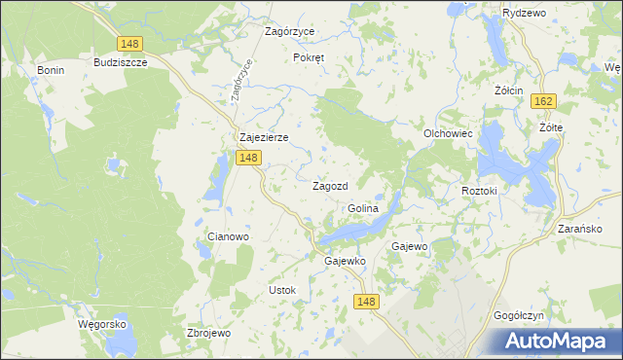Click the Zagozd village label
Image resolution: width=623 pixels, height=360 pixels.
[330, 186]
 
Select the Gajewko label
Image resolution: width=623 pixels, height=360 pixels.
[344, 261]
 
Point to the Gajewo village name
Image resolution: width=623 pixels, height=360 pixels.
[409, 247]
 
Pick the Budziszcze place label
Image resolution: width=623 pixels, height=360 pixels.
[120, 62]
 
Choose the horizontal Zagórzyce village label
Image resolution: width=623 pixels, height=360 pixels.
[290, 31]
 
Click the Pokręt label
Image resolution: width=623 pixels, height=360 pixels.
[309, 57]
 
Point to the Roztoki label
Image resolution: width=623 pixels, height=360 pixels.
[479, 192]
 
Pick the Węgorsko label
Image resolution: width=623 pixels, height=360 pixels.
[107, 324]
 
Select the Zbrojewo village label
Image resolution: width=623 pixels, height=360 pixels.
[207, 333]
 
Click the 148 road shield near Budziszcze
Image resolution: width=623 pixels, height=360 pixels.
[128, 44]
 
